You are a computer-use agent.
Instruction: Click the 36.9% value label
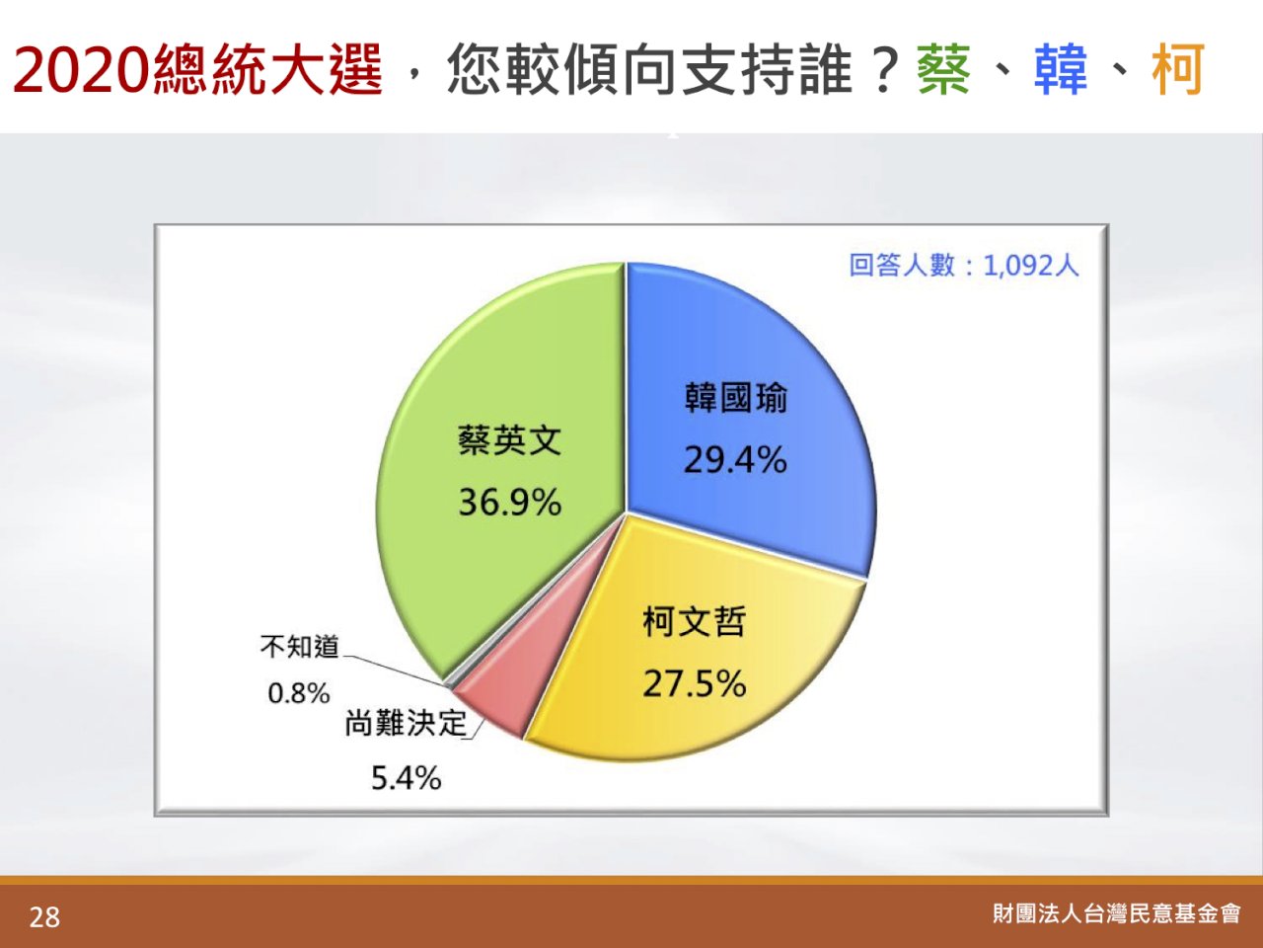pos(510,502)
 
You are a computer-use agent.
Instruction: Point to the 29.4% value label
pos(735,460)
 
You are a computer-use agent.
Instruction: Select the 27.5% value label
pos(695,683)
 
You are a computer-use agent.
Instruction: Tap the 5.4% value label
pos(407,778)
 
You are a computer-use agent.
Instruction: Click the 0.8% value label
pos(299,693)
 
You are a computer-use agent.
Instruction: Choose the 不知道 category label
pos(300,647)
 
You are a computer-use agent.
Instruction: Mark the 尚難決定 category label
pos(407,723)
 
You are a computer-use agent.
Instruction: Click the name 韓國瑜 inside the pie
pos(736,398)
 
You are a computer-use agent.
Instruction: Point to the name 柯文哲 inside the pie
pos(695,622)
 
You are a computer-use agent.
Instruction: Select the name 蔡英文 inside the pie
pos(510,440)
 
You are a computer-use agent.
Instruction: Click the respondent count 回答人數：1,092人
pos(964,266)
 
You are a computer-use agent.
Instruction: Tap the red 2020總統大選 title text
pos(198,70)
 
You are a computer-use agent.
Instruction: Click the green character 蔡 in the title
pos(944,69)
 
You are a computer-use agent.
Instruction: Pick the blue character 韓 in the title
pos(1061,69)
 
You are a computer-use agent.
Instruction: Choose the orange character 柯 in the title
pos(1178,69)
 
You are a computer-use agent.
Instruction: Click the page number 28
pos(44,917)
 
